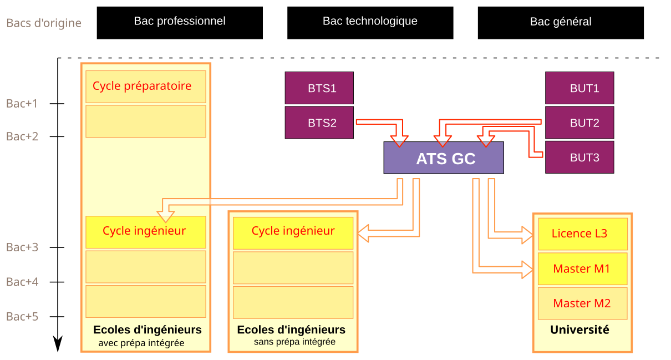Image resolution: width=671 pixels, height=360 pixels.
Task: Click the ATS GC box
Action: click(x=444, y=158)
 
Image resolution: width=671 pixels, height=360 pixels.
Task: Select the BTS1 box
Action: click(x=319, y=88)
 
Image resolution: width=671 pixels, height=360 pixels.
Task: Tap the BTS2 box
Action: click(x=319, y=123)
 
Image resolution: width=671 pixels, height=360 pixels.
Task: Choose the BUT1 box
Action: click(x=579, y=88)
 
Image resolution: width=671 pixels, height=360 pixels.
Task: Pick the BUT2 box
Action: click(x=579, y=123)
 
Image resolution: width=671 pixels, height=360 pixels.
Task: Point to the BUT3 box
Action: click(x=579, y=158)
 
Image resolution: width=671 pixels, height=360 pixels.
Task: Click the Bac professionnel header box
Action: click(x=180, y=22)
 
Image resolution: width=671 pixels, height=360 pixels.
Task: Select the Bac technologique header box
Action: click(x=370, y=22)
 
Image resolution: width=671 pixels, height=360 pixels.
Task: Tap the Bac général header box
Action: click(x=561, y=22)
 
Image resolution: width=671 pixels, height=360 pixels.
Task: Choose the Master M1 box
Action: click(x=582, y=269)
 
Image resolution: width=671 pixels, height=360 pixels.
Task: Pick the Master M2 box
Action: click(x=582, y=303)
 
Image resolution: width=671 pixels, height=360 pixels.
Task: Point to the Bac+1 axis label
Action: click(x=22, y=103)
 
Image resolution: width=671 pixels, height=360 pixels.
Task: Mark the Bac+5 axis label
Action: click(x=22, y=316)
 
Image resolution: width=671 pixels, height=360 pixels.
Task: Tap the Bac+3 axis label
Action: click(x=22, y=247)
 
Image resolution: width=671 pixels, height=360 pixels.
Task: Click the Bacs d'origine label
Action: click(x=44, y=23)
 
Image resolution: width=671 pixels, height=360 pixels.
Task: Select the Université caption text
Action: click(x=579, y=330)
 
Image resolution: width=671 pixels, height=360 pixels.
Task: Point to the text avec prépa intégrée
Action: click(x=141, y=343)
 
